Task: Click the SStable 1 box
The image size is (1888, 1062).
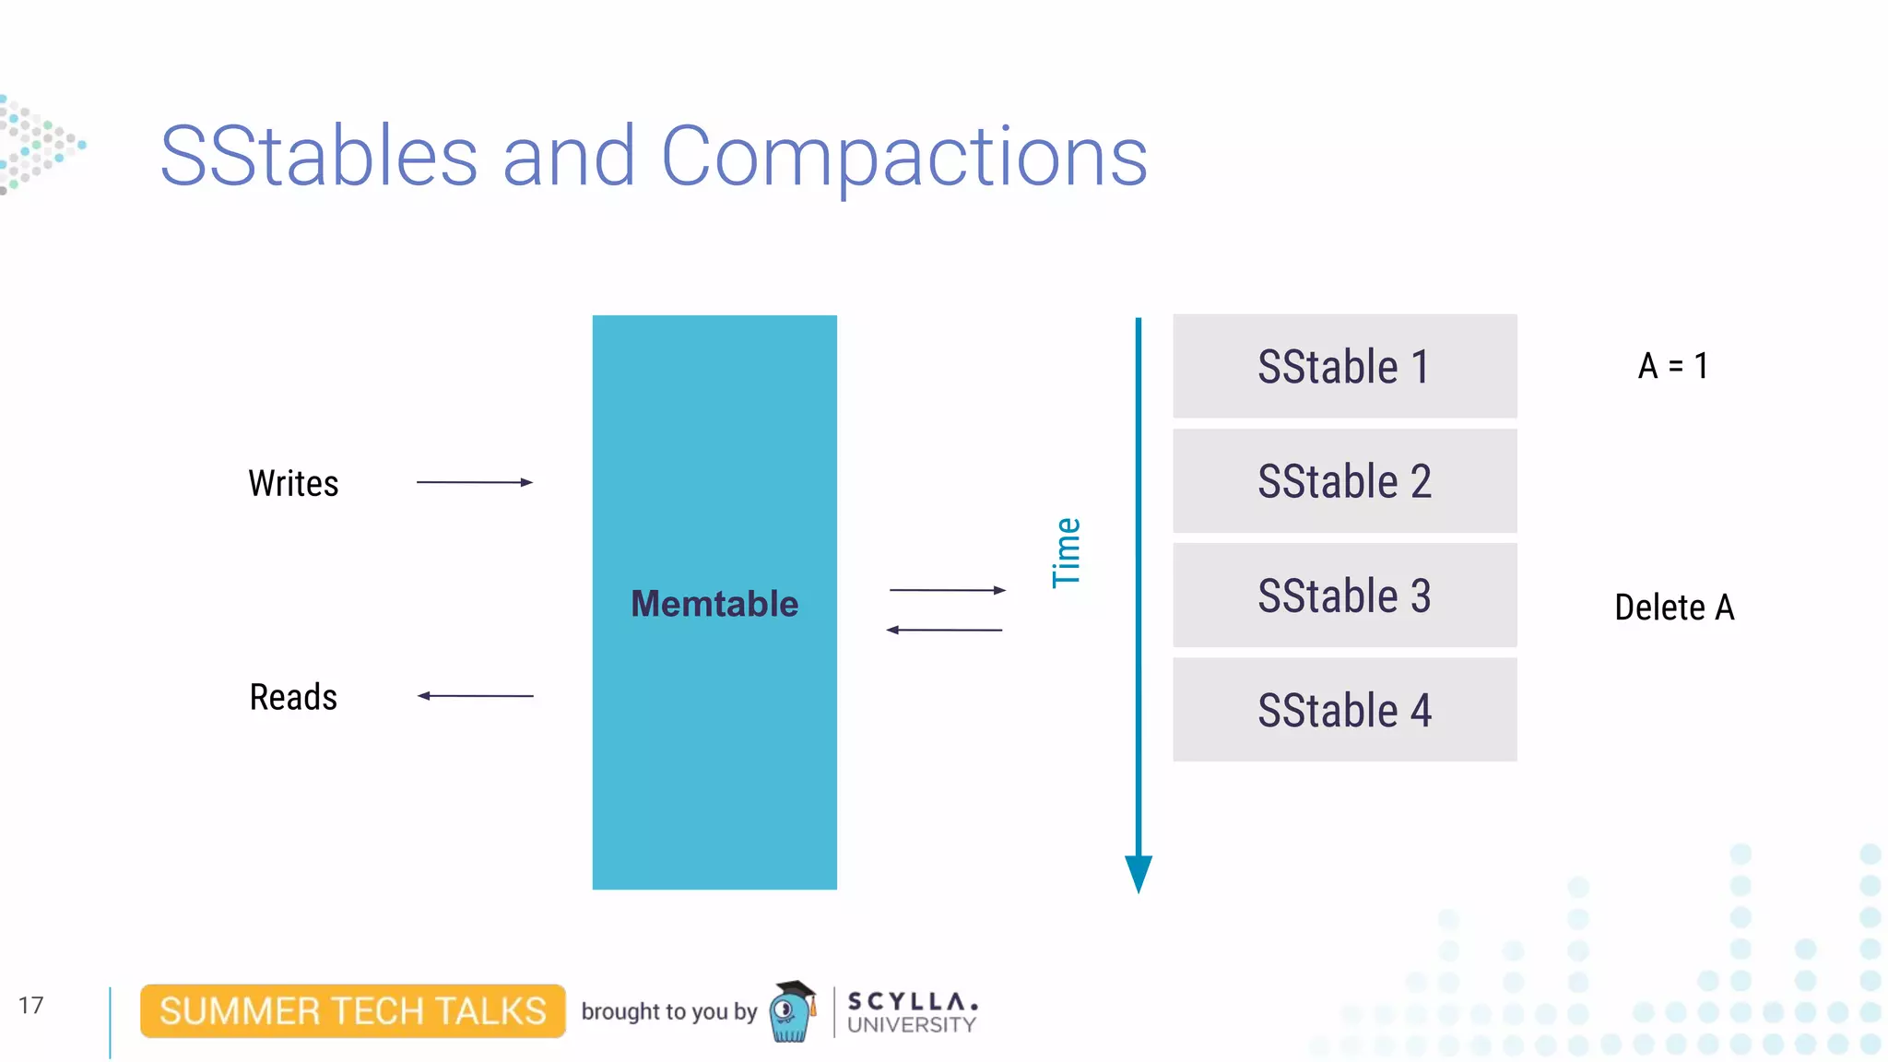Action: coord(1344,366)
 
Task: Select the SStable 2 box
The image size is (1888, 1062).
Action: coord(1344,480)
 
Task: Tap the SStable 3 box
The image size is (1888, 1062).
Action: coord(1344,595)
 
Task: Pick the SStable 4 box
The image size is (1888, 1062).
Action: coord(1344,709)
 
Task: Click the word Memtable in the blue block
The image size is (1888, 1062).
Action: coord(714,604)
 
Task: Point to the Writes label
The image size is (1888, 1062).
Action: coord(293,483)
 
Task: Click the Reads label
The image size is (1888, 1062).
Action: coord(293,697)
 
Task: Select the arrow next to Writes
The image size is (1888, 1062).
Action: coord(475,482)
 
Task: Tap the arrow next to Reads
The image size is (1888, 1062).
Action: coord(475,696)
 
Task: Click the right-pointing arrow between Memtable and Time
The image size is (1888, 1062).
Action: coord(947,590)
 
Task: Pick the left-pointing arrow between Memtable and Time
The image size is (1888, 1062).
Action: coord(944,630)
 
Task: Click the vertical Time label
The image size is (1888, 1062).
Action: coord(1067,552)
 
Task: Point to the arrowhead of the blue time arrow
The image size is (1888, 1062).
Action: coord(1139,871)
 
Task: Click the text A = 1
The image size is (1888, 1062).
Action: coord(1673,366)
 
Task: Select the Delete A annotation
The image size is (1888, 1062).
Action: coord(1674,608)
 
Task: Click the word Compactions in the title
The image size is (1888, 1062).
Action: coord(904,156)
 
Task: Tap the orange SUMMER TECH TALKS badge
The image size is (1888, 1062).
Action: coord(352,1011)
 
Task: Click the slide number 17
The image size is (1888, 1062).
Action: coord(30,1005)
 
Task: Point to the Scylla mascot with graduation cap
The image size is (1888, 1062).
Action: coord(792,1011)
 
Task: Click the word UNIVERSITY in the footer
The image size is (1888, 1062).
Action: coord(911,1025)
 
